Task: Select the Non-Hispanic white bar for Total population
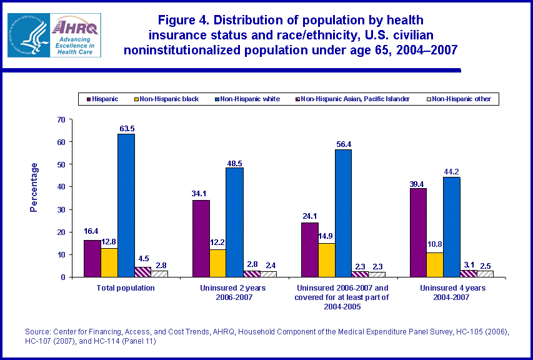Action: pyautogui.click(x=126, y=206)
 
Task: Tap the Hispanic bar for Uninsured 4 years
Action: pyautogui.click(x=418, y=232)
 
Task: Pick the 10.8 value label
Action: pyautogui.click(x=434, y=247)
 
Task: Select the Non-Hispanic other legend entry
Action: pyautogui.click(x=460, y=99)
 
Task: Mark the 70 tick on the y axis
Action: pyautogui.click(x=61, y=119)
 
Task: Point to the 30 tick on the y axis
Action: pyautogui.click(x=61, y=209)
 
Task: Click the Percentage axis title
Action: pyautogui.click(x=34, y=187)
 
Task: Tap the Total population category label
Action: pyautogui.click(x=126, y=288)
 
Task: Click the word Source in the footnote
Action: pyautogui.click(x=37, y=332)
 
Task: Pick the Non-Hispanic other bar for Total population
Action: pyautogui.click(x=159, y=274)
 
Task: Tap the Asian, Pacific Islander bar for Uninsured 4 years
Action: pyautogui.click(x=468, y=273)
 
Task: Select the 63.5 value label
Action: pyautogui.click(x=126, y=128)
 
